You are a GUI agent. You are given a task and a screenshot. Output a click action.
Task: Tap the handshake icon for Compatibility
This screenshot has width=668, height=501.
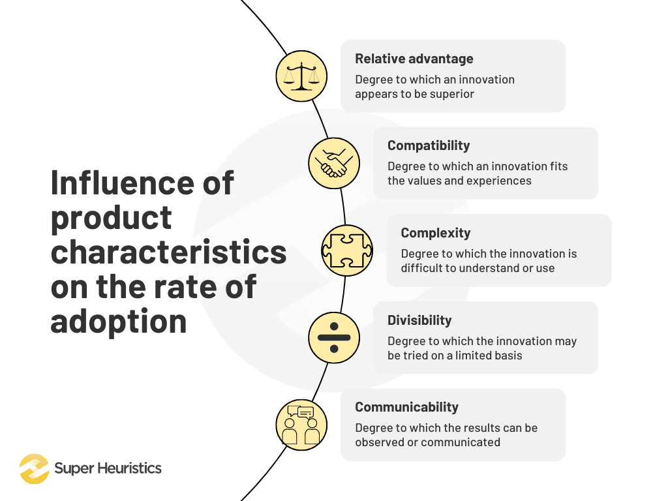tap(334, 163)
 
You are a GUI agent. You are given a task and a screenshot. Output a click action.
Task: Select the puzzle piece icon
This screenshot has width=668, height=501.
tap(347, 250)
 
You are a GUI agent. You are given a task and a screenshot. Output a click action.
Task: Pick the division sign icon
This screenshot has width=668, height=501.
tap(334, 338)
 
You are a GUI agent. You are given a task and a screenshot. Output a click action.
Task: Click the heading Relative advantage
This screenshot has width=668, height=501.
tap(414, 59)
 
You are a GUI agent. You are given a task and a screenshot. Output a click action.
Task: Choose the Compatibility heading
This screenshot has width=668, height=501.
tap(429, 145)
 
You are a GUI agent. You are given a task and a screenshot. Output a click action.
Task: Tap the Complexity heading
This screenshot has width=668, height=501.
tap(436, 233)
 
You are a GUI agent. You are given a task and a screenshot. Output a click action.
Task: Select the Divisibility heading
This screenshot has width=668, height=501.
tap(419, 320)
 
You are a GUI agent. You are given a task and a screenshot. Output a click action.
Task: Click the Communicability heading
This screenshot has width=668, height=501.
tap(407, 407)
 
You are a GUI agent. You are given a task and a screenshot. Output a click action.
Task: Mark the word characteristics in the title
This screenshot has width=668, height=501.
tap(169, 252)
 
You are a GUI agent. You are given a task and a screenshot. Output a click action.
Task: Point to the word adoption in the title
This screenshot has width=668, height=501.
tap(119, 321)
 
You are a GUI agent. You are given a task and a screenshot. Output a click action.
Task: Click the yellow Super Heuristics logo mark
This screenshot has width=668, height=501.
tap(34, 468)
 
